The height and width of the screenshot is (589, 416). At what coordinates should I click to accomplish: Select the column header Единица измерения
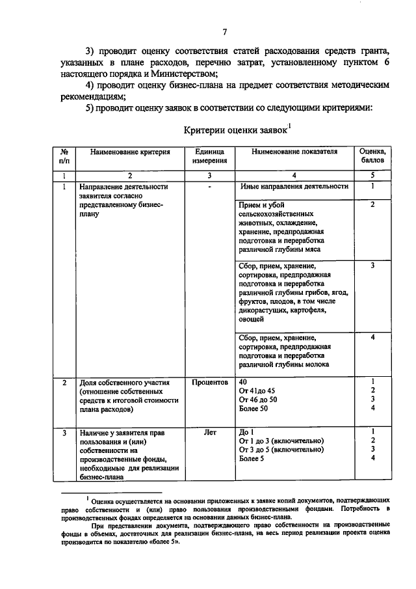(209, 156)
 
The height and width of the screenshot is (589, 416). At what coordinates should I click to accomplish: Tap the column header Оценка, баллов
(372, 156)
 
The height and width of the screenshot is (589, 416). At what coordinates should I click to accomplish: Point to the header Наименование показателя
(294, 152)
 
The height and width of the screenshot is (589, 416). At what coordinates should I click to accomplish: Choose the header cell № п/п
(64, 156)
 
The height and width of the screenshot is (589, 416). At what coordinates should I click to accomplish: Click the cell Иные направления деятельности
(294, 187)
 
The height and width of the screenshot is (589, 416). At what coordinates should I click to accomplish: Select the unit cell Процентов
(209, 382)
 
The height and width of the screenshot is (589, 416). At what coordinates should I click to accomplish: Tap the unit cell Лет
(209, 431)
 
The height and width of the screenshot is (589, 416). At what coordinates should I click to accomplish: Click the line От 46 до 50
(258, 400)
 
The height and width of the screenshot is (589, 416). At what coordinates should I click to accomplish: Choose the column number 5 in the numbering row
(372, 176)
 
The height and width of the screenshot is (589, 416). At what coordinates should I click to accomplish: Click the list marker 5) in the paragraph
(92, 107)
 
